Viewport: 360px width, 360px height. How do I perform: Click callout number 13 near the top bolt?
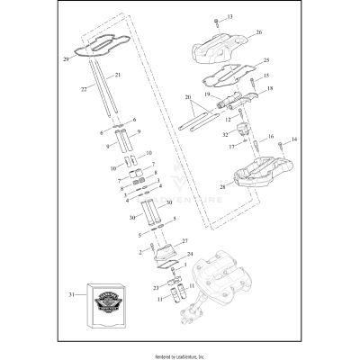coord(229,17)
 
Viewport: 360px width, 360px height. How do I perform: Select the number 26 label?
coord(258,32)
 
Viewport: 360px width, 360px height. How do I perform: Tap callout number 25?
coord(266,60)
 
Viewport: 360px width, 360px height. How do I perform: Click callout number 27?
coord(185,242)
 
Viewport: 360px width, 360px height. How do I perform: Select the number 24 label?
coord(189,255)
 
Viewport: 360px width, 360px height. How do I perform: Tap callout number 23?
coord(155,287)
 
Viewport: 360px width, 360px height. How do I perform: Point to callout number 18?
coord(269,89)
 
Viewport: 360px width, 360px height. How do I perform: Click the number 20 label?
coord(188,96)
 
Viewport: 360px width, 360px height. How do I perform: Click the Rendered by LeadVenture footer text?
coord(180,355)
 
